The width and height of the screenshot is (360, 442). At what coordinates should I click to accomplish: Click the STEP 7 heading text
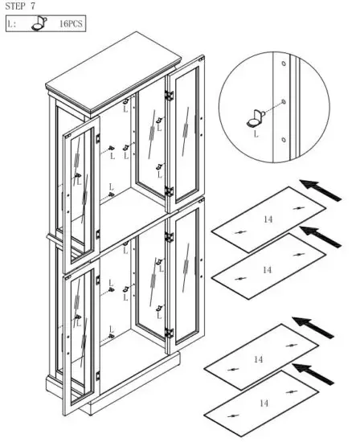pos(22,6)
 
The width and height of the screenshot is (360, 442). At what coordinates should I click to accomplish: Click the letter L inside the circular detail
pos(256,135)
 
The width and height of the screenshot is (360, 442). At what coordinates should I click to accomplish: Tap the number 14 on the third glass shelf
pos(258,358)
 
